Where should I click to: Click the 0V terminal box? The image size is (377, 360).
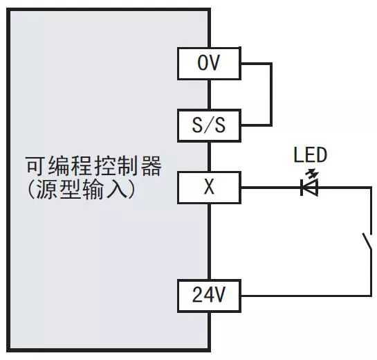point(209,64)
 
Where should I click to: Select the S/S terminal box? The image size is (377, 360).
point(209,125)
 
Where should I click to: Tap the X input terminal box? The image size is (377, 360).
point(209,188)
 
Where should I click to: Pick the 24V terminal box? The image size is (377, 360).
point(209,296)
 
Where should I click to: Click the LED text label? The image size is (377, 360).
point(311,155)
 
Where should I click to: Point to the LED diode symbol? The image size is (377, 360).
point(310,187)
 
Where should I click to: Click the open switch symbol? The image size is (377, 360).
point(367,242)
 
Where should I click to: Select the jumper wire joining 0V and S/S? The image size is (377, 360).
point(271,94)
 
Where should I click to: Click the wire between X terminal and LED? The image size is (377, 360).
point(270,188)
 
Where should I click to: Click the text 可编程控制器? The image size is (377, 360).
point(93,166)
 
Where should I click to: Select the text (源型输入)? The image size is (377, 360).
point(81,189)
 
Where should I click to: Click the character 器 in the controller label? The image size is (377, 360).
point(151,166)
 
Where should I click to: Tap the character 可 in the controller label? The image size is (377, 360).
point(36,166)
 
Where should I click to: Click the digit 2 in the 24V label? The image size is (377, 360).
point(198,295)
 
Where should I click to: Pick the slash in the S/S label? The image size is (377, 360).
point(209,125)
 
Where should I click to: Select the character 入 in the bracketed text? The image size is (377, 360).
point(117,190)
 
